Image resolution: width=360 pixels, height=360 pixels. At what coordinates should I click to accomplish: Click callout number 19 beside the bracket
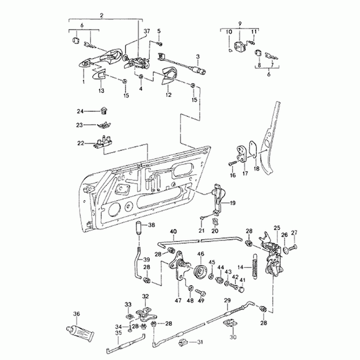tap(233, 203)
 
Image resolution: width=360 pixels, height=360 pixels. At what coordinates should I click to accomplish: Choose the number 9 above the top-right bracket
tap(239, 23)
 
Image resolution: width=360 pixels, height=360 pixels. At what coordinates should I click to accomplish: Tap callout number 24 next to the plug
tap(81, 110)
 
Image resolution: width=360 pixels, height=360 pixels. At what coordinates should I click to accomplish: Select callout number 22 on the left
tap(81, 143)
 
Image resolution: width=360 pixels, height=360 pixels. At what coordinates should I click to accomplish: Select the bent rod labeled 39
tap(137, 264)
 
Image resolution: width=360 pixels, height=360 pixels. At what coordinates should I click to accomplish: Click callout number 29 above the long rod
tap(228, 300)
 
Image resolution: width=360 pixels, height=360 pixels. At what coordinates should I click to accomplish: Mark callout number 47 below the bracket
tap(178, 301)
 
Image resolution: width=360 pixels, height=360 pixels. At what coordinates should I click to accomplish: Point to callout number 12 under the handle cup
tap(168, 94)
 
